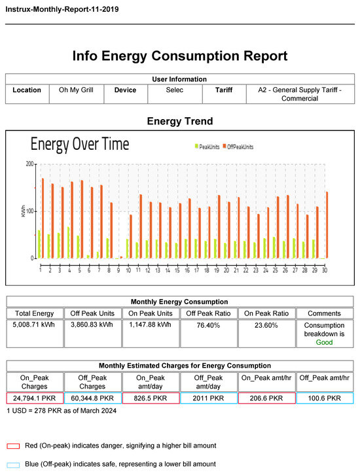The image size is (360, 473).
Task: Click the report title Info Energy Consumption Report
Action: pos(179,56)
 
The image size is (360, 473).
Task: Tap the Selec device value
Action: pos(174,90)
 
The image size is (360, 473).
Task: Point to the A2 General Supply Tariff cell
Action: pos(299,94)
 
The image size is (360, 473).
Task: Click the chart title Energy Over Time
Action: pos(80,144)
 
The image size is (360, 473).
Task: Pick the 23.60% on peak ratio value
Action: pos(265,324)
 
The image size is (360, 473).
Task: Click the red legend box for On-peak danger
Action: pos(13,445)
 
